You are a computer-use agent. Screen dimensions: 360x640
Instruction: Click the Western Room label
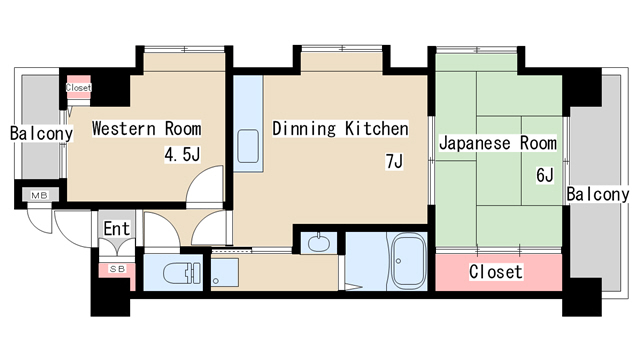[147, 129]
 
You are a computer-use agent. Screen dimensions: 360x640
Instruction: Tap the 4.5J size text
[183, 156]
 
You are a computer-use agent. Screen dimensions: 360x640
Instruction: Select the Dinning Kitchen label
[340, 129]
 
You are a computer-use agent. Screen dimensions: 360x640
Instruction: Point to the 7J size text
[393, 162]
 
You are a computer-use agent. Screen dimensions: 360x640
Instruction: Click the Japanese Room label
[497, 143]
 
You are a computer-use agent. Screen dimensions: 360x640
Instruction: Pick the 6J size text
[545, 176]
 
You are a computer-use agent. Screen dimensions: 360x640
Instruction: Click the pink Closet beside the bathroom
[495, 272]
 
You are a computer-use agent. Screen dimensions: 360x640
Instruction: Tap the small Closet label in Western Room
[78, 88]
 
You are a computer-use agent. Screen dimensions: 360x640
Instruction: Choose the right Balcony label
[598, 194]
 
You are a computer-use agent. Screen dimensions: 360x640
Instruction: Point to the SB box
[115, 270]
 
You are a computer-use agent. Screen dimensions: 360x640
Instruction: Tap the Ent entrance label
[117, 229]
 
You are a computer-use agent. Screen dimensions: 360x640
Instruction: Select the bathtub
[406, 262]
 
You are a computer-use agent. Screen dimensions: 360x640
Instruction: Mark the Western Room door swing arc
[207, 186]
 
